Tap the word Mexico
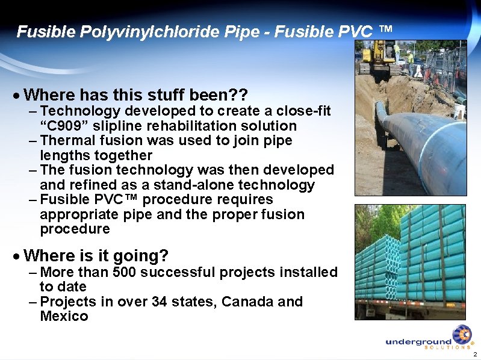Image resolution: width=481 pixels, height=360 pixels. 64,316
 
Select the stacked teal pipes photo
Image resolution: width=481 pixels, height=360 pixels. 410,262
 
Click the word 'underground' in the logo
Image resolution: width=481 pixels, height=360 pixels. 418,342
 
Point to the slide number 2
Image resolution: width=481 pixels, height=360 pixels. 475,354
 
